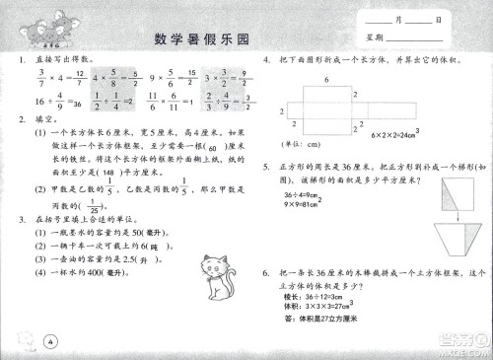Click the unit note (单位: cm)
pyautogui.click(x=301, y=146)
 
